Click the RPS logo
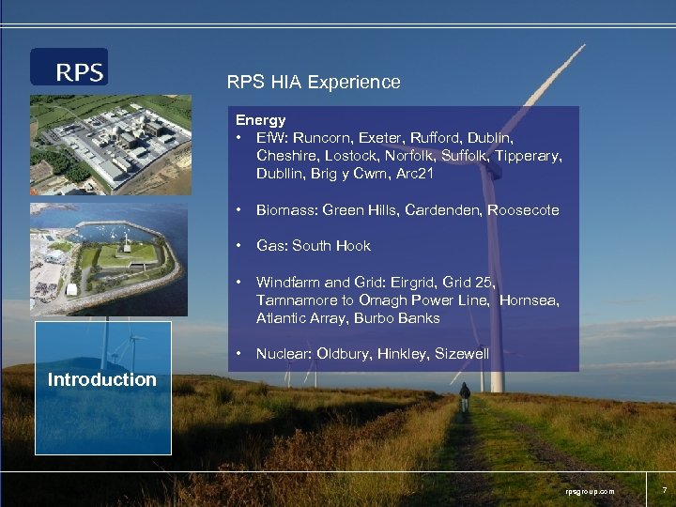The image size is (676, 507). [x=69, y=68]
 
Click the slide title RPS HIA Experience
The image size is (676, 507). [x=314, y=83]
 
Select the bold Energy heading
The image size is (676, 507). [x=260, y=120]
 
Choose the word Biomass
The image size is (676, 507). [x=284, y=210]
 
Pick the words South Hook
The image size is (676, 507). [x=330, y=246]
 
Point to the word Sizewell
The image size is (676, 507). [x=462, y=354]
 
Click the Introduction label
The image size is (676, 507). [x=101, y=380]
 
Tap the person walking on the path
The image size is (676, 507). [x=464, y=395]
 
